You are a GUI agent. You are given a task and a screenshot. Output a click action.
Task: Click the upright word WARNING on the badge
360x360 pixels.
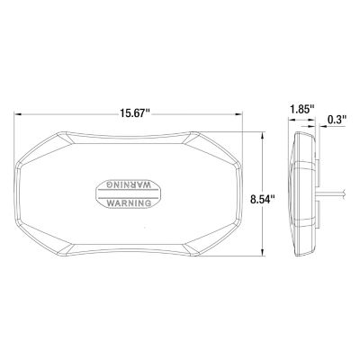pos(130,203)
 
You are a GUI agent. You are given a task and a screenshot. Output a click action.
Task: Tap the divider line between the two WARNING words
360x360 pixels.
pos(130,193)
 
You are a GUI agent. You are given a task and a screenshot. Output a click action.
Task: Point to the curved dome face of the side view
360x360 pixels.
pos(298,193)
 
